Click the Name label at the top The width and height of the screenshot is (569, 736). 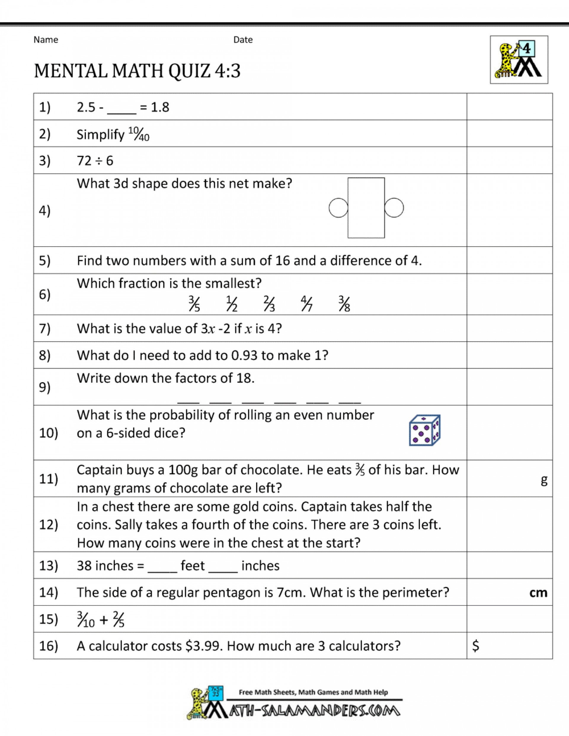click(46, 40)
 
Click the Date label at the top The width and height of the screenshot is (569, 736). click(243, 40)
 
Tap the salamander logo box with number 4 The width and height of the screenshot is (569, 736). click(519, 60)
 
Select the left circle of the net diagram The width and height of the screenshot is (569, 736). click(338, 208)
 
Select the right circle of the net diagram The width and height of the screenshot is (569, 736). click(394, 208)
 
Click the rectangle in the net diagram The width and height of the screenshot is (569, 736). click(366, 208)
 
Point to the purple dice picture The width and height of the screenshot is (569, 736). click(425, 430)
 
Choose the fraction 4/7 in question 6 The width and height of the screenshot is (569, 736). click(306, 304)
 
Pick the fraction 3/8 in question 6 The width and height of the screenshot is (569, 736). click(344, 304)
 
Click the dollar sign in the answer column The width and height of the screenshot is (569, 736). click(475, 646)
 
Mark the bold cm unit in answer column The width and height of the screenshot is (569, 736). click(538, 592)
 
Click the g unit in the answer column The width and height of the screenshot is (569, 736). click(544, 480)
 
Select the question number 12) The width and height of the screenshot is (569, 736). click(48, 525)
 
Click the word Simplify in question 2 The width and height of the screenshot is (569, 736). click(100, 135)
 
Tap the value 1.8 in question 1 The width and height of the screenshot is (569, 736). click(160, 107)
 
